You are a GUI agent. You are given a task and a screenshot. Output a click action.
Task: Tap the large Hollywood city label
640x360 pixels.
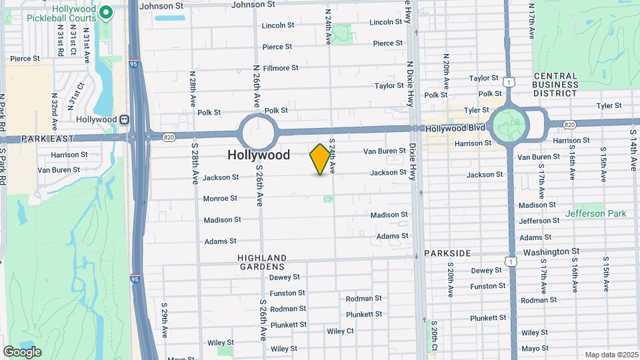259,155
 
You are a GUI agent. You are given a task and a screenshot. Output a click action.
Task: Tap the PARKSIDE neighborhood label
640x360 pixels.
447,253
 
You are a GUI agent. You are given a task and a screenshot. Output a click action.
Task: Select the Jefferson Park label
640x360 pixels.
596,214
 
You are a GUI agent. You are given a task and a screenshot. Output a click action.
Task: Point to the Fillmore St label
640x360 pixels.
281,68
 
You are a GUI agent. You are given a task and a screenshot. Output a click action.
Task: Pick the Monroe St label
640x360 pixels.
220,198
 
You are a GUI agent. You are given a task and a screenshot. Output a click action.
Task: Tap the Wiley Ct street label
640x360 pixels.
340,331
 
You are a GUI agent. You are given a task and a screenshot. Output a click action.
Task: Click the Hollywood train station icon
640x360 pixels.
124,119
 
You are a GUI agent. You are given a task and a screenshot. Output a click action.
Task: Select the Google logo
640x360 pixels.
22,351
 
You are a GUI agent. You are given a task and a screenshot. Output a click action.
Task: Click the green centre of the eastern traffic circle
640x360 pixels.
509,123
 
